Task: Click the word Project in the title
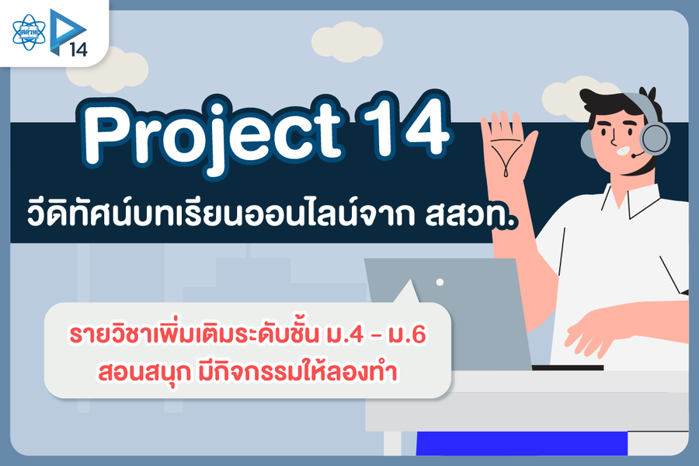(x=213, y=136)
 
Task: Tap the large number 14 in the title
(x=405, y=125)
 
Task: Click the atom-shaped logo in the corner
(x=29, y=32)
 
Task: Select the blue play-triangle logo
(x=67, y=30)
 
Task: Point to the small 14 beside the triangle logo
(x=78, y=49)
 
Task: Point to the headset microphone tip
(x=633, y=155)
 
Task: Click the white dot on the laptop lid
(x=440, y=282)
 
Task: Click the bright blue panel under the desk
(x=522, y=443)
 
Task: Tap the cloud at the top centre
(x=347, y=41)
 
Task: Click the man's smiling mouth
(x=623, y=150)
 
